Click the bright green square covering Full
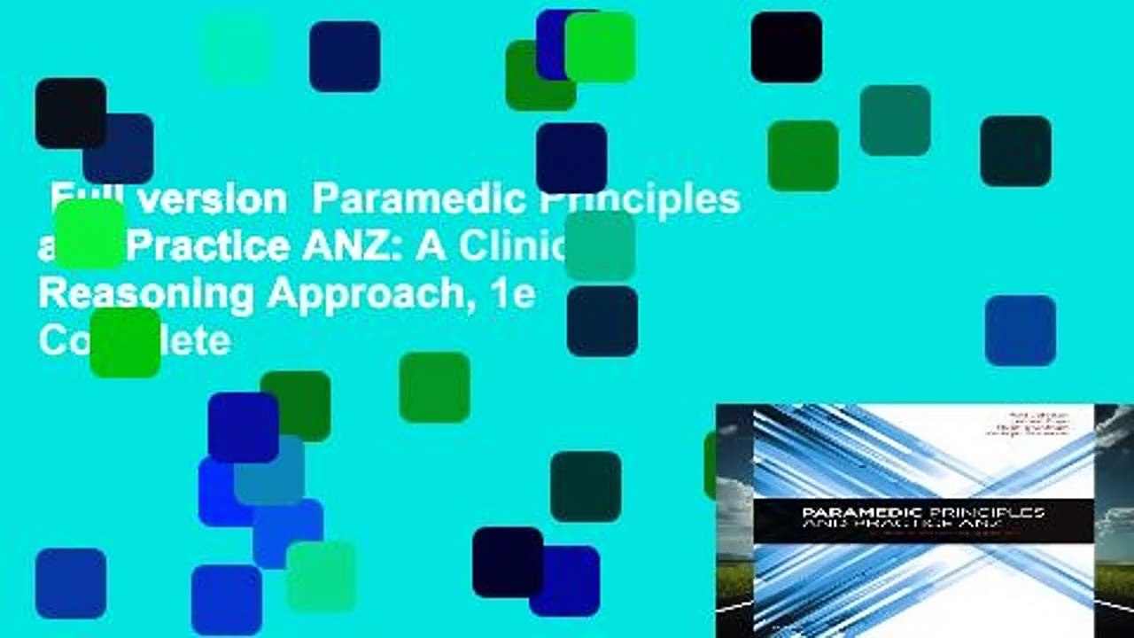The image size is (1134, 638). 89,234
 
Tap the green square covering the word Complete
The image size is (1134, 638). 125,342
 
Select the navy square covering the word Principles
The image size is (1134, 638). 571,158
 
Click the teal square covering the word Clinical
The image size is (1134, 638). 600,245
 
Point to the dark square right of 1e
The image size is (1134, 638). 602,321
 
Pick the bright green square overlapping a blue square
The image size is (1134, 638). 600,47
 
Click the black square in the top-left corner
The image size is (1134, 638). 70,113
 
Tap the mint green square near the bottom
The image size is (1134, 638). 321,577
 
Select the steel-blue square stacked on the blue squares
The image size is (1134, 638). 269,471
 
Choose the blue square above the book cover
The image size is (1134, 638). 1020,331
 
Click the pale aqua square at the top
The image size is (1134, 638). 236,49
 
